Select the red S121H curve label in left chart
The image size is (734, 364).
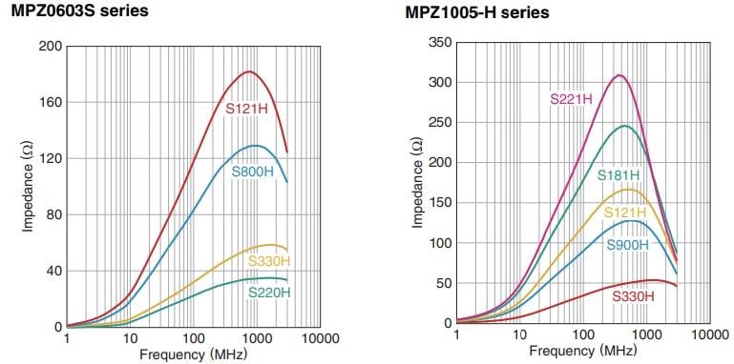point(246,109)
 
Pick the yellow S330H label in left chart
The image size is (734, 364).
point(269,261)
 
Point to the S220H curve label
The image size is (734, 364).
point(269,293)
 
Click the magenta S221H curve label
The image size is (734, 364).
point(572,97)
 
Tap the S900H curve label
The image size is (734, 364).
point(628,245)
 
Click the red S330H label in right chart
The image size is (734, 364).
point(634,296)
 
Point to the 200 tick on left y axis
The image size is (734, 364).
point(49,47)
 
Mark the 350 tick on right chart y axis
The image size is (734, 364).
point(438,43)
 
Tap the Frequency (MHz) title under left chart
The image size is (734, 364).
point(190,354)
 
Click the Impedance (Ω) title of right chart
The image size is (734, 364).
point(416,183)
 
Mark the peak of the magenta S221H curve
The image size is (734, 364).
point(619,74)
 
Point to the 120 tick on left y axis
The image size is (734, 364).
point(49,159)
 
